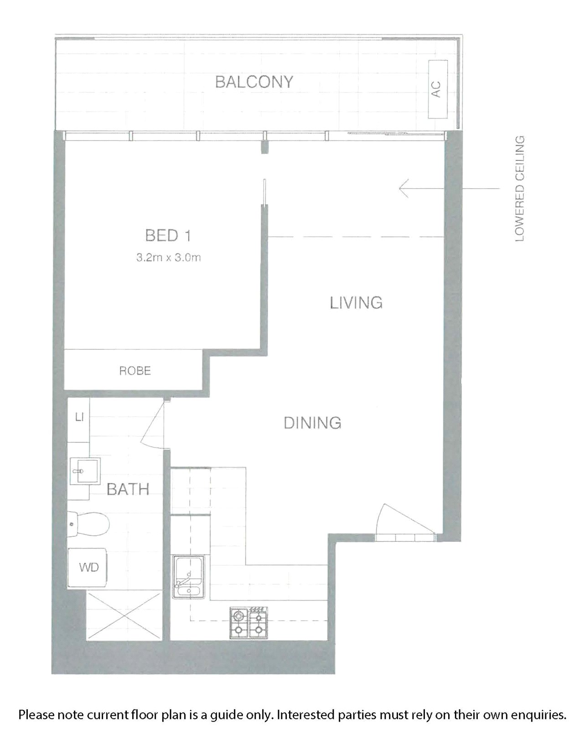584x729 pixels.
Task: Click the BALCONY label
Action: (x=254, y=82)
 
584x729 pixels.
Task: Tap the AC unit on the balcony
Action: (x=438, y=89)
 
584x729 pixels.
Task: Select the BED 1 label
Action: (x=168, y=236)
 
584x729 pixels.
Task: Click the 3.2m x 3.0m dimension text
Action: (x=169, y=258)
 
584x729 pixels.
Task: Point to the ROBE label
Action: (x=135, y=371)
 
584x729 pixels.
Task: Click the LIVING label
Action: (x=356, y=303)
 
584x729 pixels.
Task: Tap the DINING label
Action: (x=312, y=423)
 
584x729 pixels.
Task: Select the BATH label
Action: (x=128, y=489)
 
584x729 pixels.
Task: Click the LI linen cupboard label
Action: (x=79, y=417)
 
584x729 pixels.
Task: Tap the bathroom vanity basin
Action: (x=85, y=471)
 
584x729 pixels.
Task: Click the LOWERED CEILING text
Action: (x=520, y=189)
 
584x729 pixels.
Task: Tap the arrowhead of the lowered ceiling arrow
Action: (x=404, y=188)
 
